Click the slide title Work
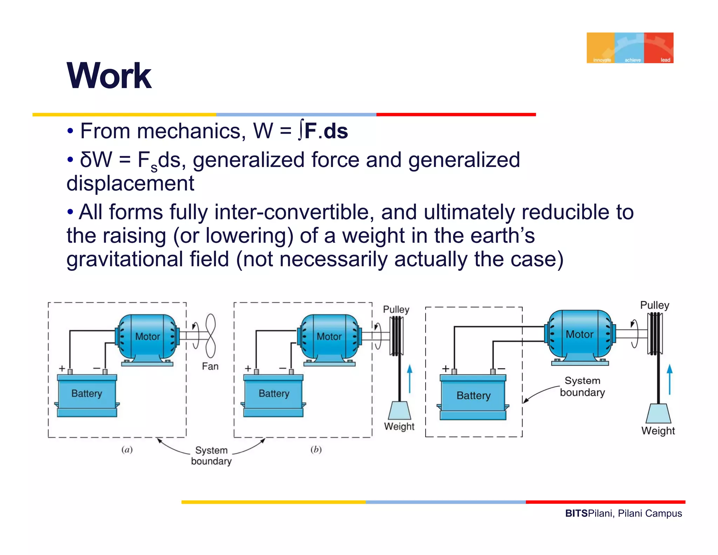(x=109, y=76)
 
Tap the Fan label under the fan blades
(x=210, y=366)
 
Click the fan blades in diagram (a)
(x=210, y=336)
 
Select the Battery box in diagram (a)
(x=87, y=395)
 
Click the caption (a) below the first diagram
(x=127, y=449)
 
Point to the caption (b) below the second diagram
(x=316, y=449)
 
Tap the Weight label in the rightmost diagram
(x=658, y=430)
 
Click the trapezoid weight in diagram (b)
(x=400, y=410)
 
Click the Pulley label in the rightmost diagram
(x=655, y=305)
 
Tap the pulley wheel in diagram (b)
(x=397, y=336)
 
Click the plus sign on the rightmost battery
(x=446, y=368)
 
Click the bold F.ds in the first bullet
(x=326, y=131)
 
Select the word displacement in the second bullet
(x=130, y=183)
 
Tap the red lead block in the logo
(x=659, y=48)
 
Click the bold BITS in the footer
(x=576, y=513)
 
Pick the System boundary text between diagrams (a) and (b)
(x=211, y=455)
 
